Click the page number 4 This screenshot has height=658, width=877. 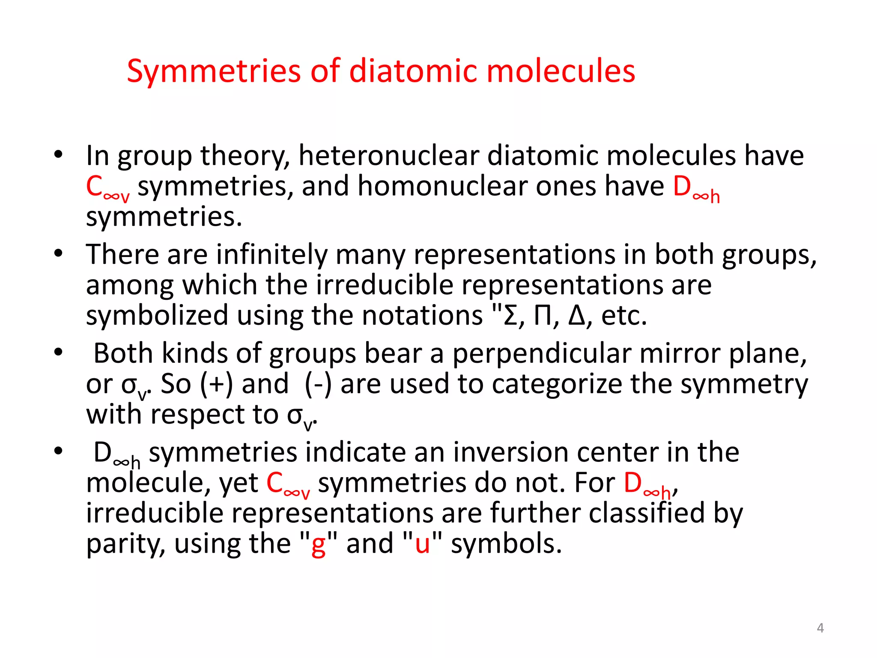point(820,628)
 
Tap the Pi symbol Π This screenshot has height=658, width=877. point(543,316)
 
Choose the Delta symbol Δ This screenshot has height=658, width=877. point(576,316)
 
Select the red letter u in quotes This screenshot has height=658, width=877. point(422,544)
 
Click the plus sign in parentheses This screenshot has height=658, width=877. point(217,384)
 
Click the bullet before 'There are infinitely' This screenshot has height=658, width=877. point(58,253)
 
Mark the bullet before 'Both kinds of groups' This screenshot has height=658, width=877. point(58,352)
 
